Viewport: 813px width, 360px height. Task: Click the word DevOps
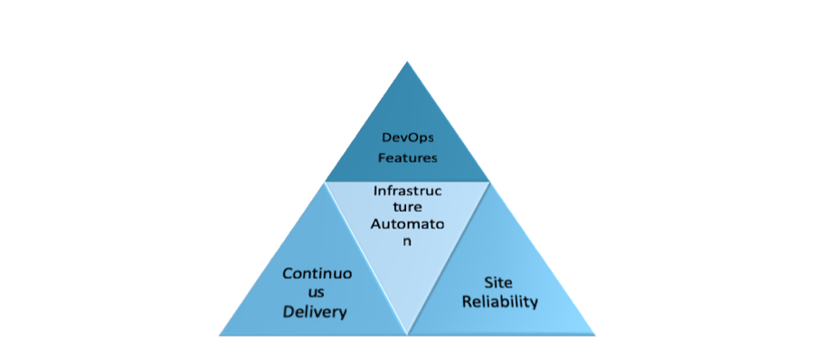(407, 138)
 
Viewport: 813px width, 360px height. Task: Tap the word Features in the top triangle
(407, 158)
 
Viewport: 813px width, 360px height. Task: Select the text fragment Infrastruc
(408, 191)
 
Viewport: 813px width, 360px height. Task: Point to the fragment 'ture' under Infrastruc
(408, 208)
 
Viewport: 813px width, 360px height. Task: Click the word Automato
(408, 225)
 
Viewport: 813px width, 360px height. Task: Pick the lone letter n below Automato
(408, 242)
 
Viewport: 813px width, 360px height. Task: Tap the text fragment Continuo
(317, 273)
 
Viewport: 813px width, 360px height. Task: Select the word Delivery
(314, 312)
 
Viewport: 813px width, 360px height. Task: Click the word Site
(498, 283)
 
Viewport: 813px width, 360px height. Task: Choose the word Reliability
(500, 302)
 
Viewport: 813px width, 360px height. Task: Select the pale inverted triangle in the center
(407, 238)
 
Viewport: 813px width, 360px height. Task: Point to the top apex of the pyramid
(407, 61)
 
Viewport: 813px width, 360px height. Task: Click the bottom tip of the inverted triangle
(408, 335)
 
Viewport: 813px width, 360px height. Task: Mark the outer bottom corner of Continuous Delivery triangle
(219, 335)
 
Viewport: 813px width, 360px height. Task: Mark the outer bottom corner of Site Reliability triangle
(595, 335)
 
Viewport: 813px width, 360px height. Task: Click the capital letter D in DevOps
(386, 138)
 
